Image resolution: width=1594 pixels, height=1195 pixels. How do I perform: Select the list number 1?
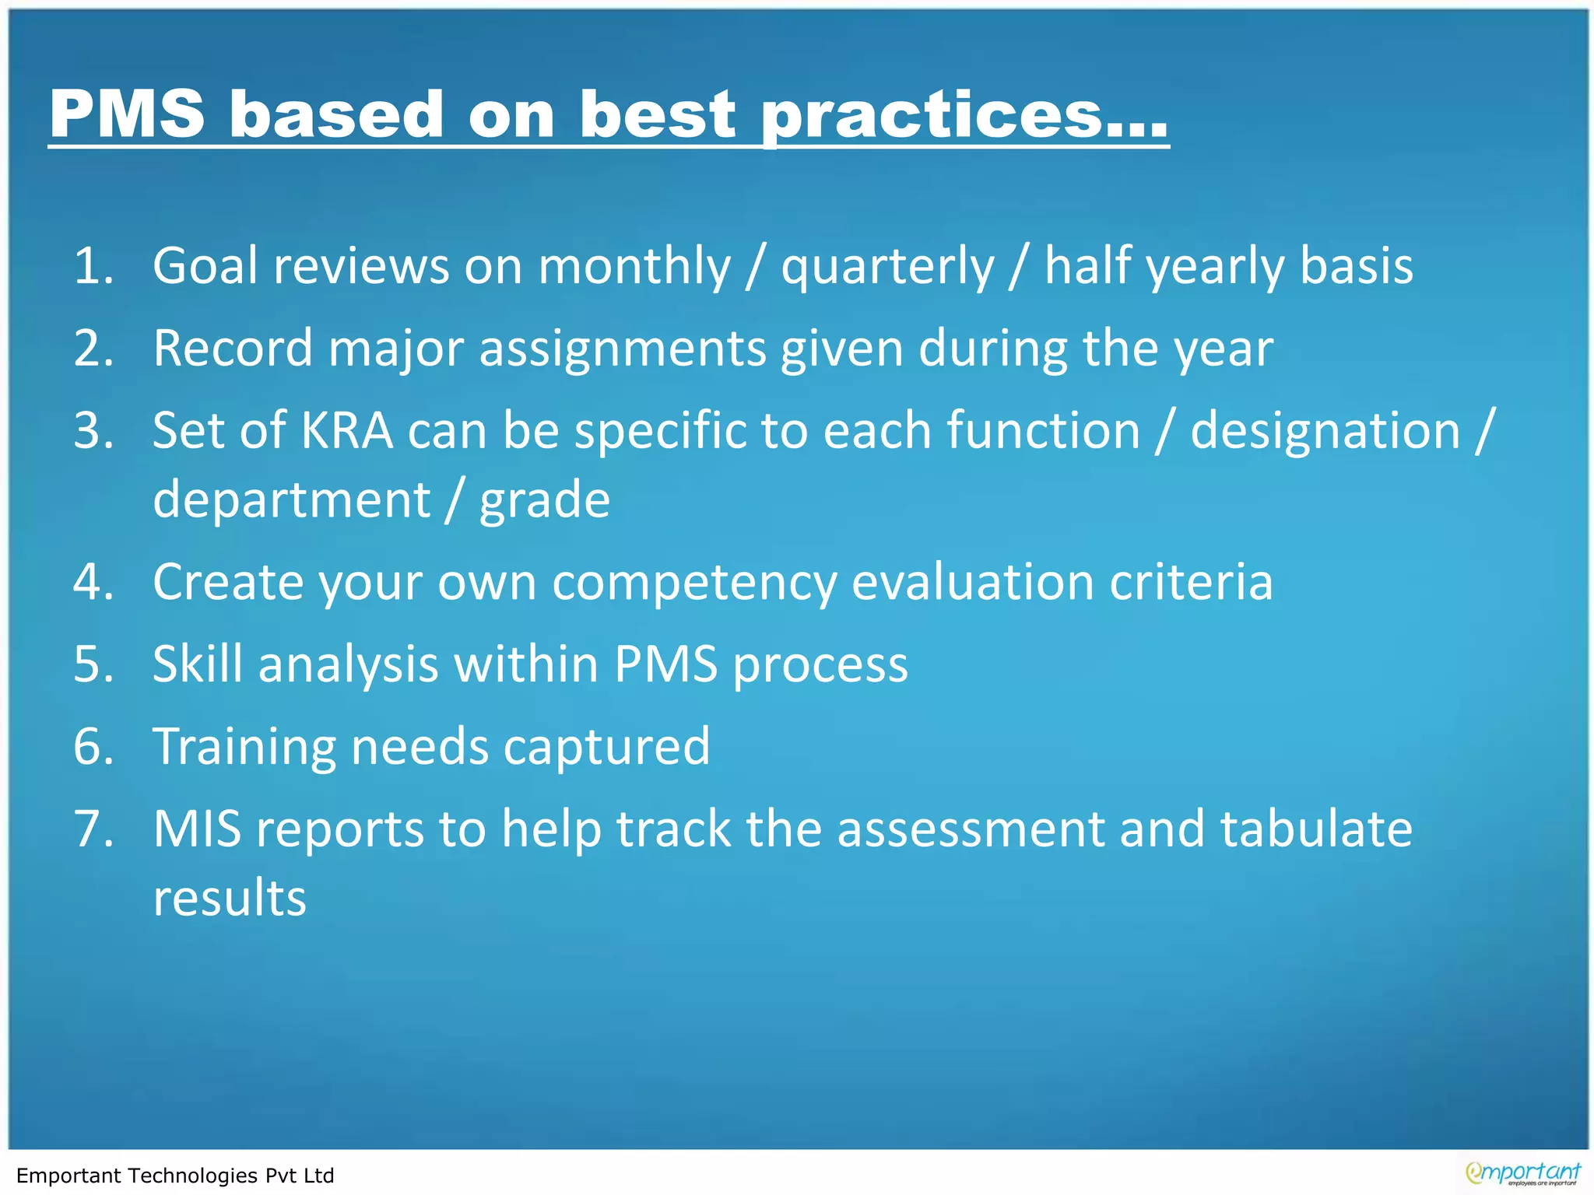[x=93, y=266]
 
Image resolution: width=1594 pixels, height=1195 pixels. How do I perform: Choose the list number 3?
[x=93, y=430]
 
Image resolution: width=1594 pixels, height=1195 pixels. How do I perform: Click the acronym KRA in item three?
[x=346, y=430]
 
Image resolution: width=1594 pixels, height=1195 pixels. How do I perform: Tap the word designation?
[x=1325, y=430]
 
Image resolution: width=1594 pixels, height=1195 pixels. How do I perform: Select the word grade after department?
[x=544, y=499]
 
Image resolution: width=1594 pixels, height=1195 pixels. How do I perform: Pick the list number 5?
[x=93, y=664]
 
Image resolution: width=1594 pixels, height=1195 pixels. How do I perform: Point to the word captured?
[x=606, y=747]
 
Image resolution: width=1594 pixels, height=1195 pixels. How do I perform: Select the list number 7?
[x=93, y=829]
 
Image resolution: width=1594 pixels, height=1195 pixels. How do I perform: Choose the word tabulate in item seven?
[x=1315, y=829]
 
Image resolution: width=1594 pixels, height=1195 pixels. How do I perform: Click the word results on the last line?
[x=230, y=898]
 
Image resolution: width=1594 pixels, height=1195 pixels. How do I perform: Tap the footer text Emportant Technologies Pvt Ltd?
[x=175, y=1176]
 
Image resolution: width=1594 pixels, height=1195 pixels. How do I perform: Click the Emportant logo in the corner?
[x=1522, y=1173]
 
